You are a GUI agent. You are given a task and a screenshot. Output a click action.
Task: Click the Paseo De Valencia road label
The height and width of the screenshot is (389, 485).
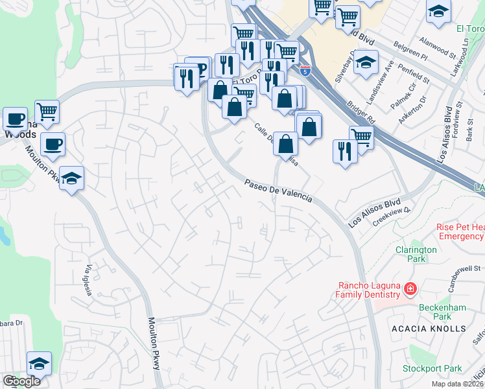(x=278, y=192)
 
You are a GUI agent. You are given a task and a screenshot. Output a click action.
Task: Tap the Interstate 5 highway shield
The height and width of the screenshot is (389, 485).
(x=305, y=69)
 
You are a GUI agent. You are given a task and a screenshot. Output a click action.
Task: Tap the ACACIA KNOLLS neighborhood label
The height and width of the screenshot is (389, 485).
(x=429, y=329)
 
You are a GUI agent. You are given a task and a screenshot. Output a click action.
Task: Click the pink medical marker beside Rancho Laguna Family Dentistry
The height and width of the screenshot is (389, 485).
(x=409, y=288)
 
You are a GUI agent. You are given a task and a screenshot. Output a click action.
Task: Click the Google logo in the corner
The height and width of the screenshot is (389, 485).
(x=21, y=381)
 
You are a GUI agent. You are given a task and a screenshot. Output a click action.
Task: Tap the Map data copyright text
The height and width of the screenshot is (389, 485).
(x=456, y=384)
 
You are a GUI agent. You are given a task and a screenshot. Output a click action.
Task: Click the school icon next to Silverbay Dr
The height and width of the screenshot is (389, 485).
(x=366, y=63)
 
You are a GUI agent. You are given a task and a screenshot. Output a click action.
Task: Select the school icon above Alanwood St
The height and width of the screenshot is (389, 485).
(x=438, y=12)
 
